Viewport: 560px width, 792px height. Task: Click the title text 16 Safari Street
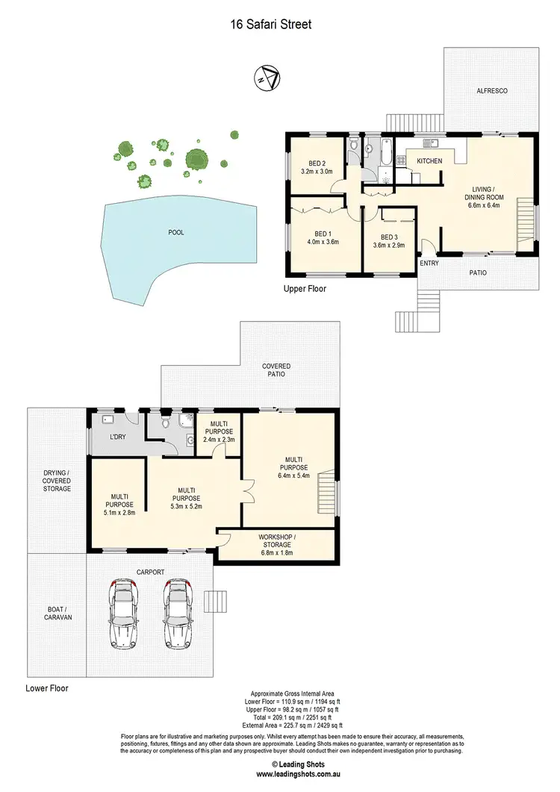pos(270,25)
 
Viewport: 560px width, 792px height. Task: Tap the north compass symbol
pos(267,78)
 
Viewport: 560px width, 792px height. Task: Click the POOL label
pos(176,232)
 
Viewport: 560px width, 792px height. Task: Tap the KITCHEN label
pos(429,161)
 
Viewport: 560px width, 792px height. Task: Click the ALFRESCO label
pos(493,90)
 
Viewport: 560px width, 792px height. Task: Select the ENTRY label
pos(429,263)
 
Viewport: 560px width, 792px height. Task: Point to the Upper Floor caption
pos(305,288)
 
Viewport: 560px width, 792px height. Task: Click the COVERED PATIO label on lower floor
pos(276,371)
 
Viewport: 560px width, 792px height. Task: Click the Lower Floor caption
pos(47,688)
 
